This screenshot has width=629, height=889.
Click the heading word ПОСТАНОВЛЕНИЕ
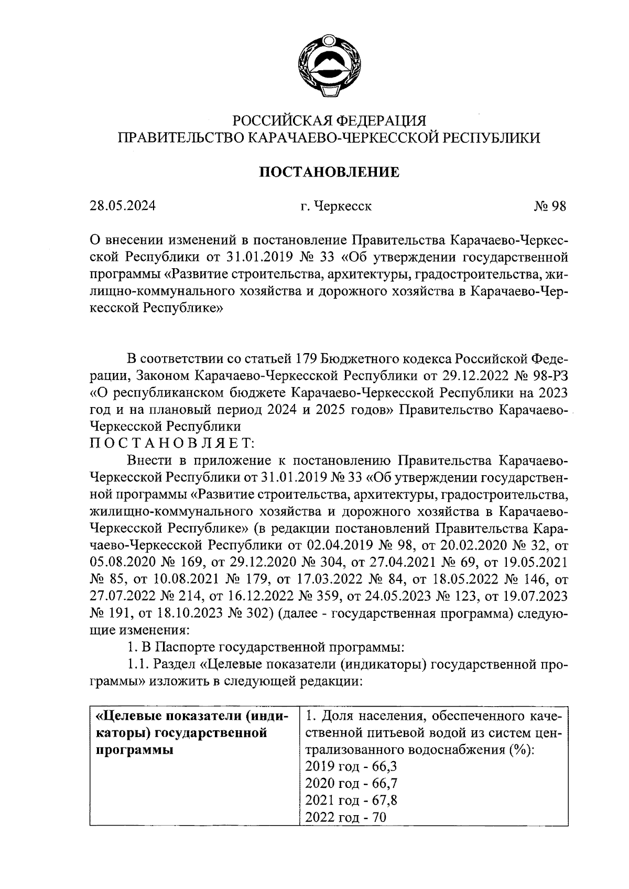(330, 172)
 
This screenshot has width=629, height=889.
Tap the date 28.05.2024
(122, 206)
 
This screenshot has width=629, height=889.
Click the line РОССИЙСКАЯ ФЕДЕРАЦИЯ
(329, 120)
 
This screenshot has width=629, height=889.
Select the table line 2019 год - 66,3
(351, 766)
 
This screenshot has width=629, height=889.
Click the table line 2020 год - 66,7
(351, 783)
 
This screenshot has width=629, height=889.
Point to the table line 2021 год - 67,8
(351, 800)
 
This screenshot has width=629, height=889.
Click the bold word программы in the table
(136, 750)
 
